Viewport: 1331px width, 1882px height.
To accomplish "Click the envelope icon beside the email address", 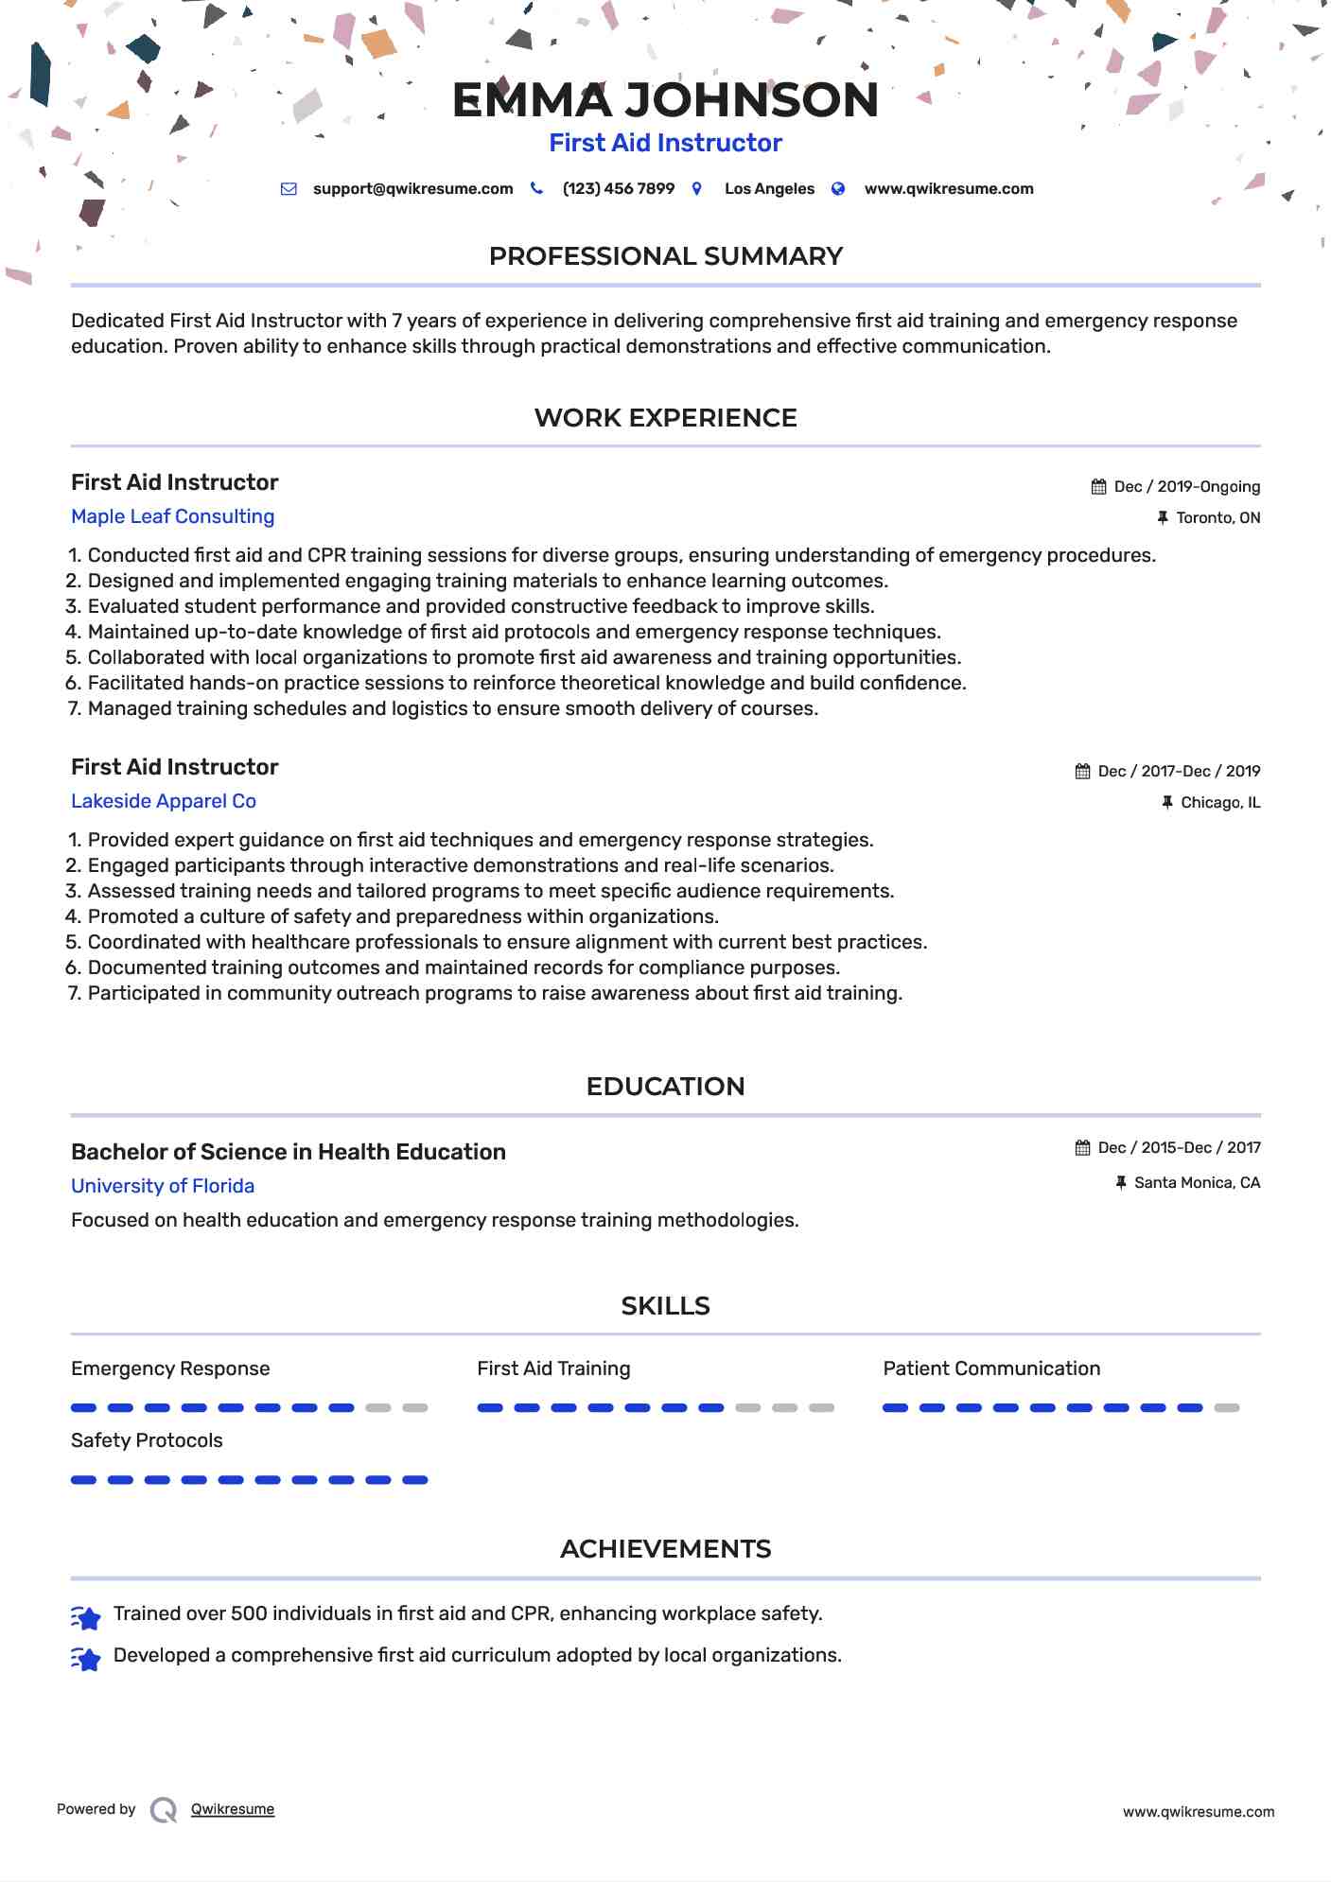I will [x=289, y=189].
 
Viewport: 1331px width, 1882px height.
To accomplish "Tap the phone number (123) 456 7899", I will [x=618, y=189].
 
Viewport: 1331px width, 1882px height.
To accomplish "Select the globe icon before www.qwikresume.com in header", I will [x=838, y=189].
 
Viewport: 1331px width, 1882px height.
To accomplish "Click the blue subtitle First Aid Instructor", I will [x=665, y=143].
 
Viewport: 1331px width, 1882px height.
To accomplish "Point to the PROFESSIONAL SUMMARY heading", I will [x=665, y=256].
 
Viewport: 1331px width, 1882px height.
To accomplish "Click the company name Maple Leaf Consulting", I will [x=172, y=516].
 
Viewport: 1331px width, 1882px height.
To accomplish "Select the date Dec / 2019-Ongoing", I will [x=1186, y=487].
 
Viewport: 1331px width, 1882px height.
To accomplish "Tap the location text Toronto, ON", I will [x=1217, y=518].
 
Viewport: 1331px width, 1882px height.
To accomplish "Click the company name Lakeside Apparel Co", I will [x=164, y=801].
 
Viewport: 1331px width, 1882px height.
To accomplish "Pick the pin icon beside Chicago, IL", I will [x=1167, y=803].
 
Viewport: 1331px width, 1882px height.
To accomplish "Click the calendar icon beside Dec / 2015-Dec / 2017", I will [x=1083, y=1148].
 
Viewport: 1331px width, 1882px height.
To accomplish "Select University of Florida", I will [x=163, y=1186].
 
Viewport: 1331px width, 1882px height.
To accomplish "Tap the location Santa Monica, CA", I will [x=1197, y=1183].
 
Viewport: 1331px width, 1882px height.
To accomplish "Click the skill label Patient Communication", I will [x=991, y=1368].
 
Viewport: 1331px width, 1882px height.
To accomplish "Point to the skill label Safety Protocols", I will [x=147, y=1440].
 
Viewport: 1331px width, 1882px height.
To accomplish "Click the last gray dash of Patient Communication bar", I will [x=1227, y=1408].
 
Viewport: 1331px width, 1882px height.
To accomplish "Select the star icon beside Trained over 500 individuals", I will [x=86, y=1618].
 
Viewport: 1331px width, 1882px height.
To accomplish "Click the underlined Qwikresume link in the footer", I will [x=233, y=1809].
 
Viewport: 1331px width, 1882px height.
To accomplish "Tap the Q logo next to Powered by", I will [x=164, y=1810].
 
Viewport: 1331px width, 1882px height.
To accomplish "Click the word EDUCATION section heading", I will [x=665, y=1087].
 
